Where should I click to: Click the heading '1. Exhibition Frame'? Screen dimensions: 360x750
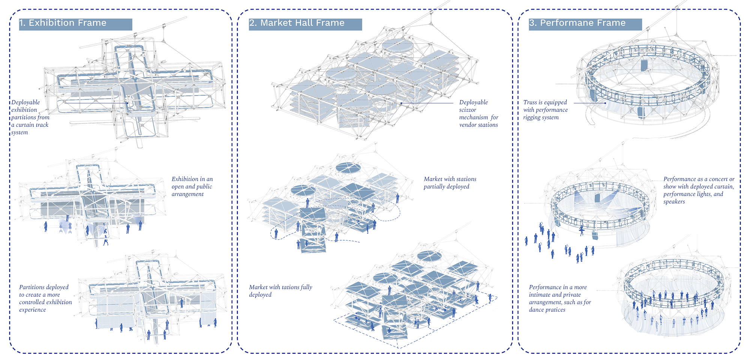coord(63,23)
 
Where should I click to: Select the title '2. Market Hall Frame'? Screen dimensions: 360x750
coord(297,23)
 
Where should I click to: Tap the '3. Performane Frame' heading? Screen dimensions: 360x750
coord(577,23)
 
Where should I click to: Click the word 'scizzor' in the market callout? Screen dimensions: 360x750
coord(467,110)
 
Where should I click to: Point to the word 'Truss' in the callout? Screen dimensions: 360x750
coord(530,102)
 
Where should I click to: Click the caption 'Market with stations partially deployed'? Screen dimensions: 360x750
coord(450,183)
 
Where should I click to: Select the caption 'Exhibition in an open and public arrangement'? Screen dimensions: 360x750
coord(192,186)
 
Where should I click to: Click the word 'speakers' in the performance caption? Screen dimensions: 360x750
coord(674,202)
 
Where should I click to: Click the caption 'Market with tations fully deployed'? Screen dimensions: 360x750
coord(280,291)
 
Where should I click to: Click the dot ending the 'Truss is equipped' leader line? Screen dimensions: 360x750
coord(605,103)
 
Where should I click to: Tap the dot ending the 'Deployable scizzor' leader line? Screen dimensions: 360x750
coord(401,103)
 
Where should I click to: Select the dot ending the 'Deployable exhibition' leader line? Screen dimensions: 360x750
coord(127,103)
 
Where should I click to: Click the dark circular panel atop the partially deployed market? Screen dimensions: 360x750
coord(348,167)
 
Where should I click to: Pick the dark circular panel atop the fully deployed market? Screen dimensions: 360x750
coord(429,256)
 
